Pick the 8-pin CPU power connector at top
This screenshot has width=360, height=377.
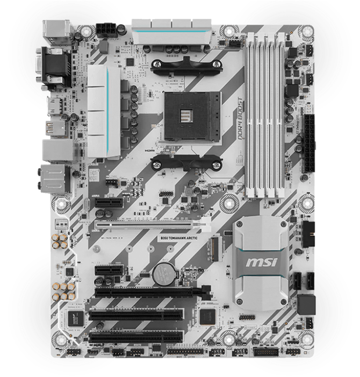tap(107, 30)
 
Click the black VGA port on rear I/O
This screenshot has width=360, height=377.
tap(54, 63)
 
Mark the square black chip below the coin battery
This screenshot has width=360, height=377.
tap(207, 317)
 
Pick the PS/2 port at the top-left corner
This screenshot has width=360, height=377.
tap(55, 31)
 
